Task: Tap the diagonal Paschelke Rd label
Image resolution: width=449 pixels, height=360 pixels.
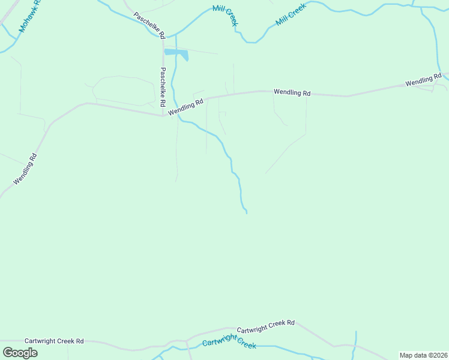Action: (x=149, y=25)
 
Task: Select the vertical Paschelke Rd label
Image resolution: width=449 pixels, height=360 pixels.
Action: (x=163, y=87)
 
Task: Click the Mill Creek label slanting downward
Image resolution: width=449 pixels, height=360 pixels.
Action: (x=225, y=16)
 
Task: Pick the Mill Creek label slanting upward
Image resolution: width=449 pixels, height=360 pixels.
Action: (x=291, y=14)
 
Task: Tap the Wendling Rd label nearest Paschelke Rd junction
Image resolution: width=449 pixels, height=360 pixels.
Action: (x=186, y=107)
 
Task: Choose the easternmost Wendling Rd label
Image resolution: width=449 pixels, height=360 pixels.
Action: (x=423, y=80)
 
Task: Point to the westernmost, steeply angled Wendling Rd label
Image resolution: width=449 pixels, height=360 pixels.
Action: (x=26, y=169)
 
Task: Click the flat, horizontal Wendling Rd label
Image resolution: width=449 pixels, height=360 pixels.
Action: (x=292, y=93)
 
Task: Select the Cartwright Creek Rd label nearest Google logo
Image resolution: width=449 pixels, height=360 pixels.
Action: (x=54, y=341)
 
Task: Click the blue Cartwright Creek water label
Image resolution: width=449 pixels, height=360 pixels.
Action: (x=229, y=343)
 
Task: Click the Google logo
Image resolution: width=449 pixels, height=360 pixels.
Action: (x=20, y=353)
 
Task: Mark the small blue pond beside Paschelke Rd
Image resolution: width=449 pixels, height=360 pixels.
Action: (x=177, y=54)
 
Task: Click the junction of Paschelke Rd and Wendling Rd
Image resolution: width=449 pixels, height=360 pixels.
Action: (x=163, y=115)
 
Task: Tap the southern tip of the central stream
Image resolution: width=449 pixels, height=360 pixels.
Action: (x=247, y=213)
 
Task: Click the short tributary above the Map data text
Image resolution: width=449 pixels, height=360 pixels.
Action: (x=355, y=340)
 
